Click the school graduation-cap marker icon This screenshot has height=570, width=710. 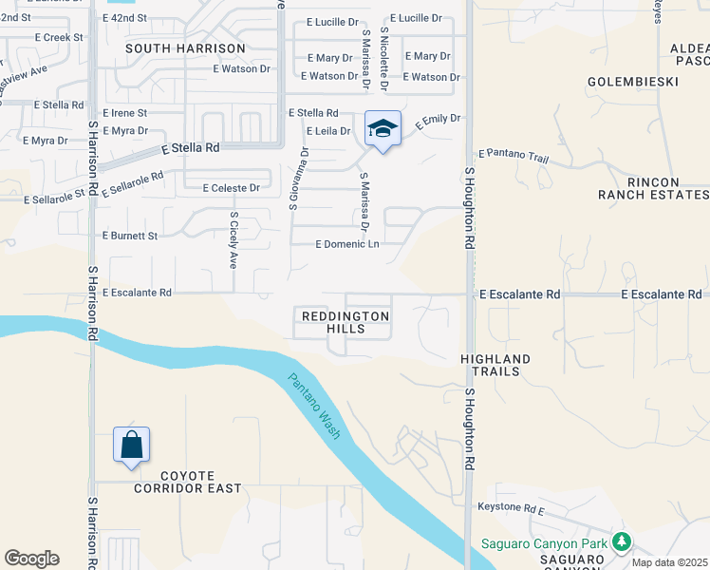pyautogui.click(x=383, y=128)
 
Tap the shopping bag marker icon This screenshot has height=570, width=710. pyautogui.click(x=131, y=445)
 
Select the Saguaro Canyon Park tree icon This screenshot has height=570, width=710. pyautogui.click(x=622, y=542)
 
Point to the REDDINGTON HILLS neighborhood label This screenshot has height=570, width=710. pyautogui.click(x=346, y=321)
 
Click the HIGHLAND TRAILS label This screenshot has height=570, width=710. pyautogui.click(x=495, y=365)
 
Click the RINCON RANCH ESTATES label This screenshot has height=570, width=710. pyautogui.click(x=652, y=188)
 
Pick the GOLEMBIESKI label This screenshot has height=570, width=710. pyautogui.click(x=632, y=82)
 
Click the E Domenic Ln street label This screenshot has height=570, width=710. pyautogui.click(x=347, y=244)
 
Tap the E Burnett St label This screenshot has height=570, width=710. pyautogui.click(x=130, y=235)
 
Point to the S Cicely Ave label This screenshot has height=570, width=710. pyautogui.click(x=234, y=239)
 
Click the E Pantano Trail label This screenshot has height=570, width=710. pyautogui.click(x=514, y=153)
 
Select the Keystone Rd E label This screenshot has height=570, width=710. pyautogui.click(x=511, y=509)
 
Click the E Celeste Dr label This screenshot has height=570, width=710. pyautogui.click(x=232, y=188)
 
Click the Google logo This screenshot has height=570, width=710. pyautogui.click(x=31, y=559)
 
